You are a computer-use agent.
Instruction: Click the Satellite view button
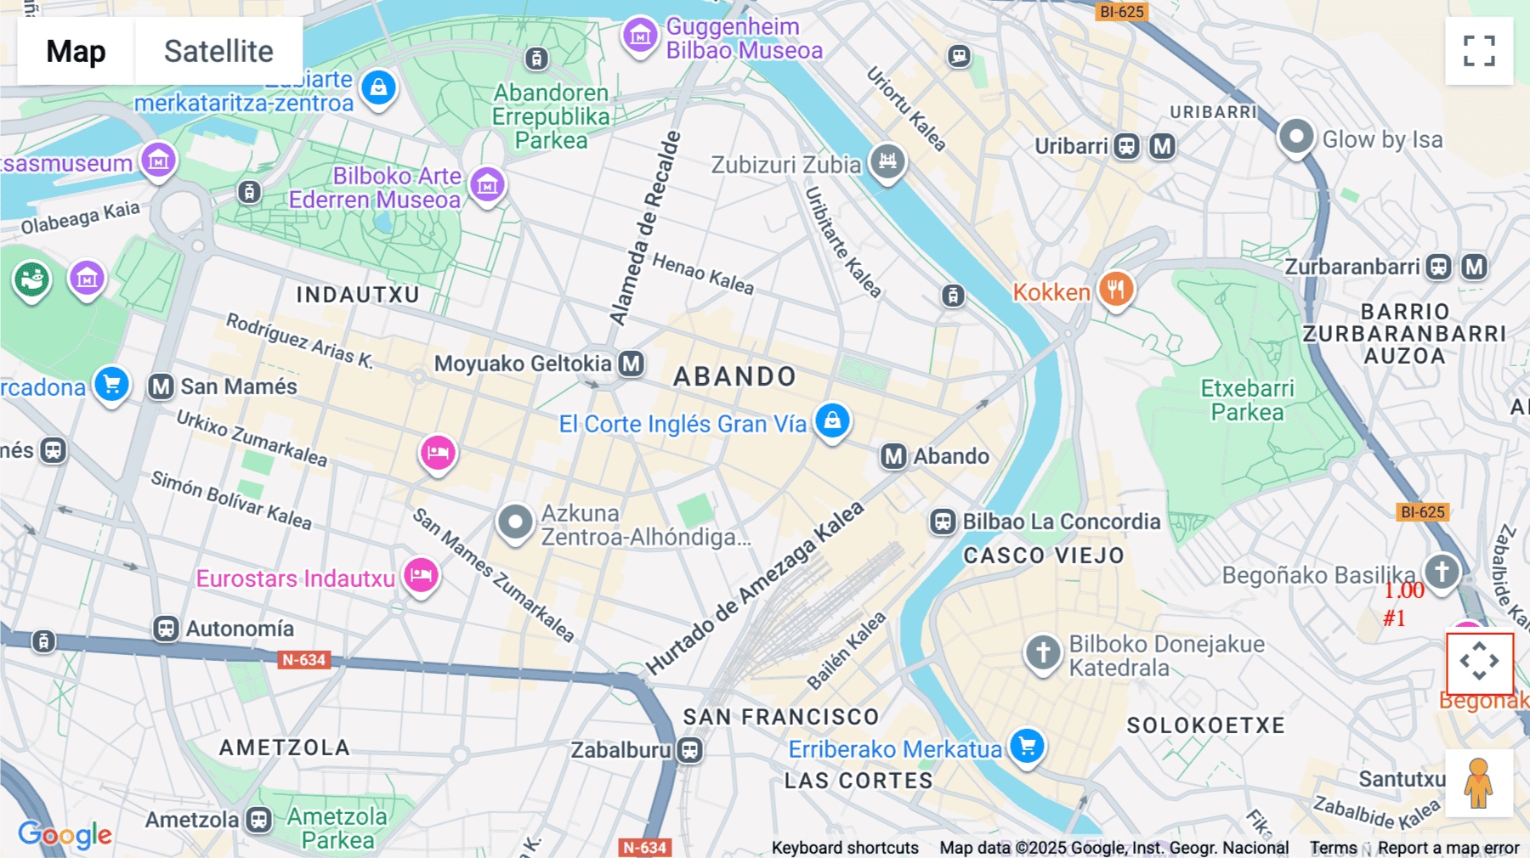[x=218, y=51]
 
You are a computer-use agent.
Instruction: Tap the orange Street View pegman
[x=1478, y=783]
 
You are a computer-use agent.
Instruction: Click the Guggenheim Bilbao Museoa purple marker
[x=640, y=36]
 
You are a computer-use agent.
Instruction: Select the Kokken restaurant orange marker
[x=1116, y=290]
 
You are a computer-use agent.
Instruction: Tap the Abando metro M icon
[x=893, y=456]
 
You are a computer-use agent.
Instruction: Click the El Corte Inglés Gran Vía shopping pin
[x=832, y=421]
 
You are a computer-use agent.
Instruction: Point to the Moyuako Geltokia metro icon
[x=631, y=364]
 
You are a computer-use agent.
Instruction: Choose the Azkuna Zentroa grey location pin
[x=515, y=521]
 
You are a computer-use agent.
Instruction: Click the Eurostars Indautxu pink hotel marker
[x=421, y=576]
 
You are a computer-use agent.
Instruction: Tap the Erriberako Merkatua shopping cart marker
[x=1027, y=746]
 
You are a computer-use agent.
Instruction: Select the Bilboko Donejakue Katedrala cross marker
[x=1043, y=652]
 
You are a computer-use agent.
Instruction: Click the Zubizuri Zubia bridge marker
[x=887, y=160]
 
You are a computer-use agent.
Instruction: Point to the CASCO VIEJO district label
[x=1043, y=556]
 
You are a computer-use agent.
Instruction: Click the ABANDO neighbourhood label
[x=734, y=376]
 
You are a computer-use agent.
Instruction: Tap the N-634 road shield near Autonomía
[x=303, y=660]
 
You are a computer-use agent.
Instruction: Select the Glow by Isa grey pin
[x=1296, y=137]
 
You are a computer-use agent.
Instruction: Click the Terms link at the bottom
[x=1333, y=847]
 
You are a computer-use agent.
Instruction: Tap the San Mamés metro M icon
[x=161, y=387]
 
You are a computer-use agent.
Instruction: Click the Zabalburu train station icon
[x=690, y=750]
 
